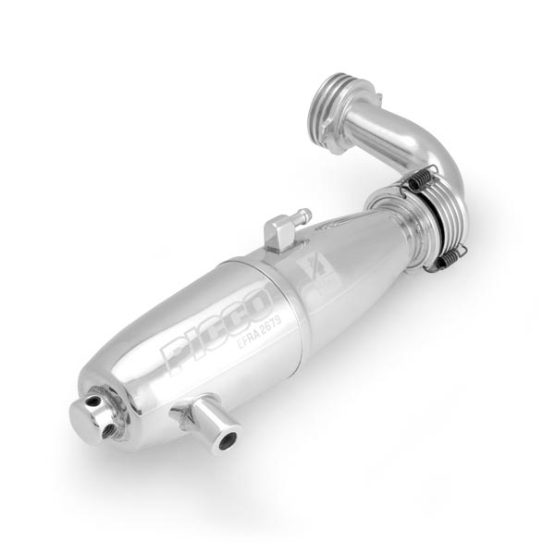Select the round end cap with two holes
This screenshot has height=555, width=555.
pyautogui.click(x=92, y=417)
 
